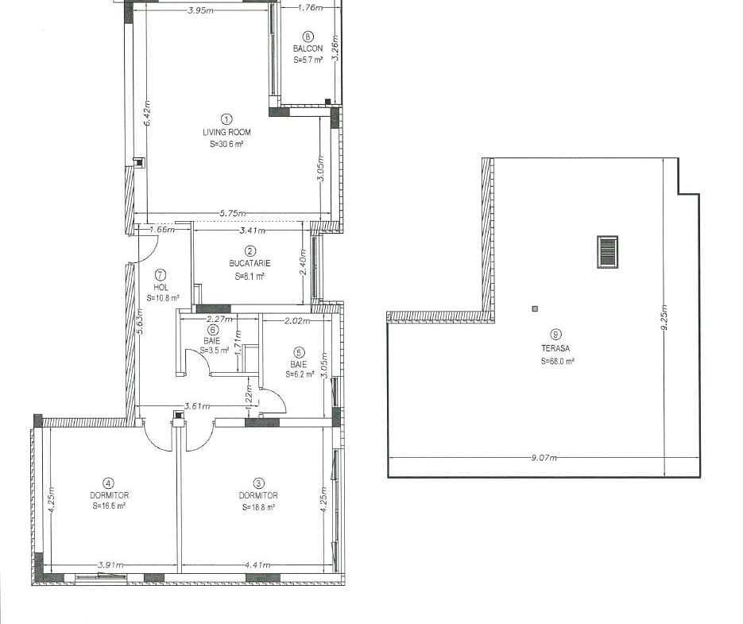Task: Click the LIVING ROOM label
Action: (226, 132)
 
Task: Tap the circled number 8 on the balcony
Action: (308, 37)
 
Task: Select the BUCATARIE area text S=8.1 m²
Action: (250, 277)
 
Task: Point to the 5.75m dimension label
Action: (233, 213)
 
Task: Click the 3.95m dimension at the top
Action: (200, 10)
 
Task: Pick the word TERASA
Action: (555, 348)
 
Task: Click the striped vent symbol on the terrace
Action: (607, 252)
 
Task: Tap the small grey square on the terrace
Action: (535, 309)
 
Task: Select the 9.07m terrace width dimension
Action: (544, 458)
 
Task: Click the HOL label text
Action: (161, 287)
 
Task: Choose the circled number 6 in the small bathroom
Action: (213, 330)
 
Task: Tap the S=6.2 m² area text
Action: (300, 374)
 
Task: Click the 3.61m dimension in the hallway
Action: (197, 406)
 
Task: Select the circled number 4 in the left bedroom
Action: (109, 483)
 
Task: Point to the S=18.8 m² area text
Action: (259, 507)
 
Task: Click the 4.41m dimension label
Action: (257, 564)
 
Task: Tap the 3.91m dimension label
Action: (111, 564)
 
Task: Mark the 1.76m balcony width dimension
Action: (311, 7)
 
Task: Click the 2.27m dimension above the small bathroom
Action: (219, 320)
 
